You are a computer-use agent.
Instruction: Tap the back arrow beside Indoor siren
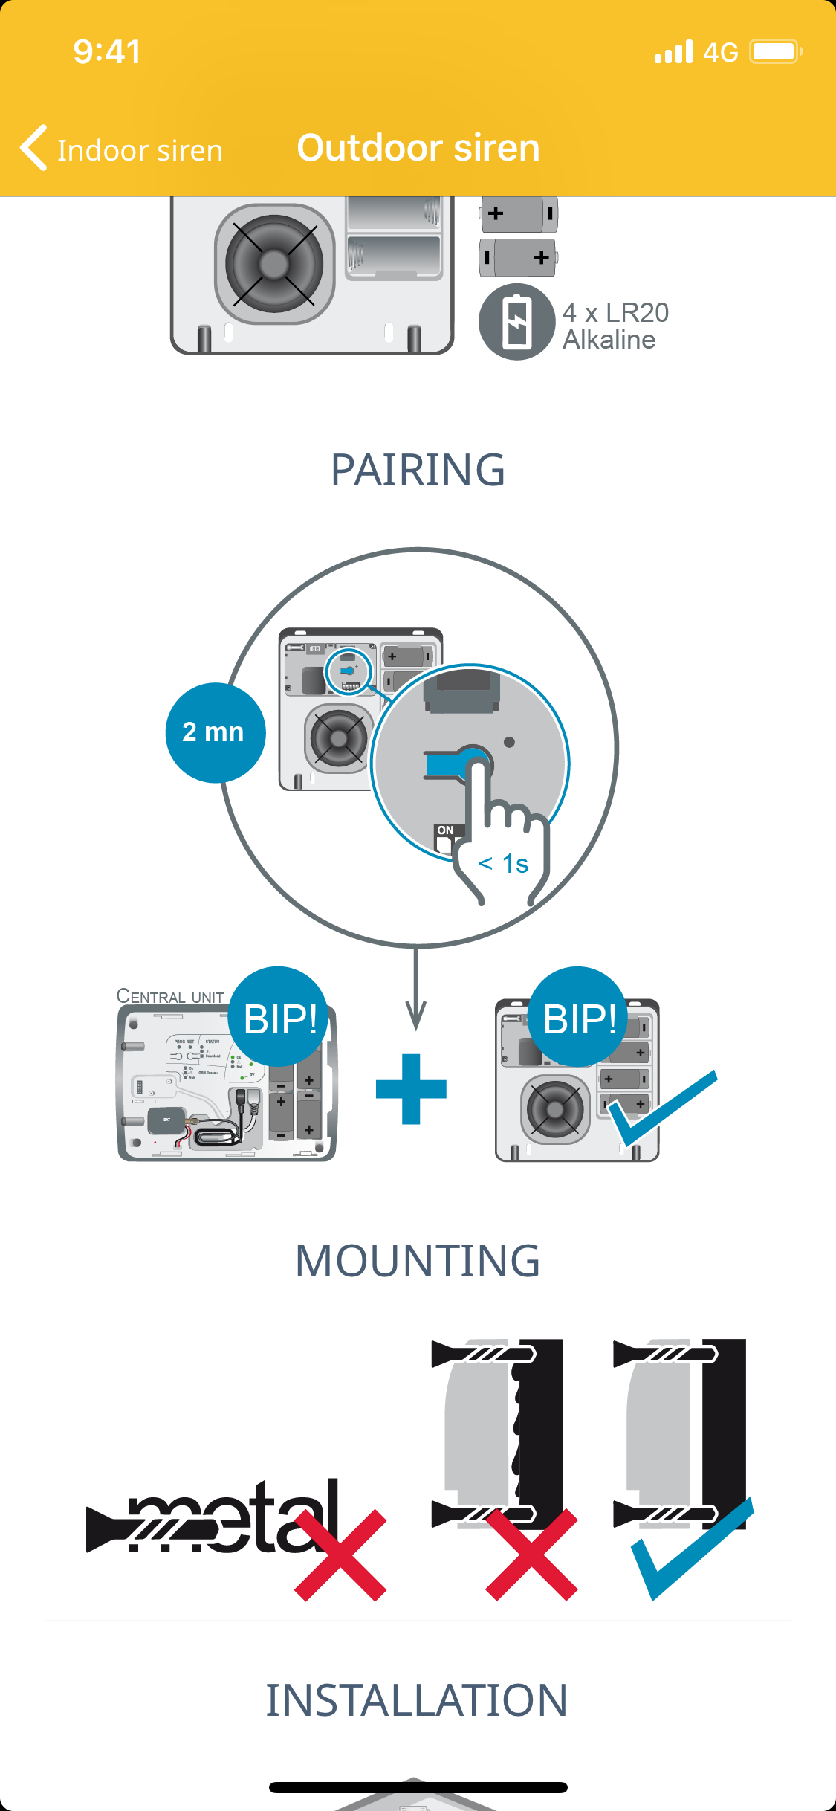point(33,147)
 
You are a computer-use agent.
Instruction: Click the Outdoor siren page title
point(418,147)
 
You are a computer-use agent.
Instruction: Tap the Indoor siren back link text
point(140,150)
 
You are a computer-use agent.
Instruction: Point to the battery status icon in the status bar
point(775,52)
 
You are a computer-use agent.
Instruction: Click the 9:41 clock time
point(107,52)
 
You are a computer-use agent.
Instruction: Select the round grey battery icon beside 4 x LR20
point(516,322)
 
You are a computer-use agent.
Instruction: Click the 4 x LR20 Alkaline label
point(615,326)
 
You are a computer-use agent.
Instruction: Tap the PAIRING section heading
point(418,470)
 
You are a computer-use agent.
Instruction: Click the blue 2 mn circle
point(215,732)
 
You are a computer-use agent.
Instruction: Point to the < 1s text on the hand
point(504,864)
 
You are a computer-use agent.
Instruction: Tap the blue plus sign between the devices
point(411,1089)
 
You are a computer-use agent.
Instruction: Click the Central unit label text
point(170,996)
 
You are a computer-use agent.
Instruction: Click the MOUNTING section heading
point(418,1261)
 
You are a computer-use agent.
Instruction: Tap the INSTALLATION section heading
point(418,1701)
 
